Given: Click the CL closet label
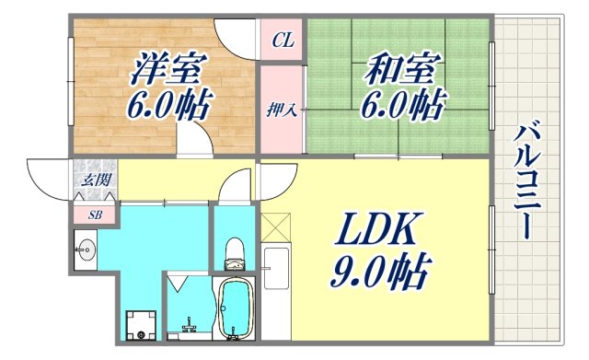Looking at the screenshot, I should (283, 40).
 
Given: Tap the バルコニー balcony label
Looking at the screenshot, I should (527, 180).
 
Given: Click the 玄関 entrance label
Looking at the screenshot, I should (95, 180).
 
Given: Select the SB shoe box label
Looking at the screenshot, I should (95, 215).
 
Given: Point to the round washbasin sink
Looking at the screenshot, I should (87, 250).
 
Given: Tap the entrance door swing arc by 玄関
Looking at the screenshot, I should (51, 177).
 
